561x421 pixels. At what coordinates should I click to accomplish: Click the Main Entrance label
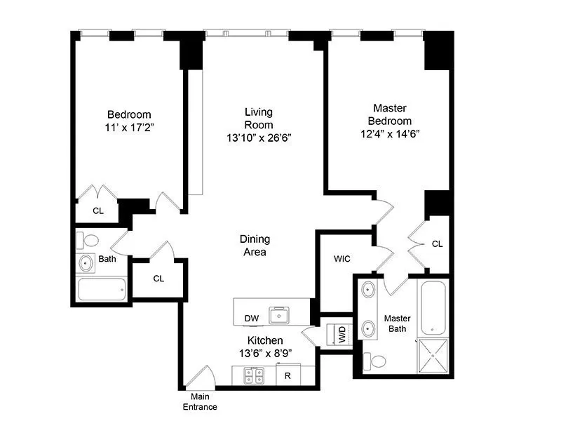[x=200, y=402]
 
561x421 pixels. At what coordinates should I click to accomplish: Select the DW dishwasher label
[x=251, y=319]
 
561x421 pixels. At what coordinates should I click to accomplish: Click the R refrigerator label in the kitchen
[x=288, y=376]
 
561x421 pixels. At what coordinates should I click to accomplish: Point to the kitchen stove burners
[x=252, y=376]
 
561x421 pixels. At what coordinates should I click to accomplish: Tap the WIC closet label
[x=342, y=259]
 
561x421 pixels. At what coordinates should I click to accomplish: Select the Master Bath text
[x=397, y=323]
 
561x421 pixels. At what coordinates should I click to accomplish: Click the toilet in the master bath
[x=377, y=361]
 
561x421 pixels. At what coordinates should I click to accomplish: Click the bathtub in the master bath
[x=433, y=307]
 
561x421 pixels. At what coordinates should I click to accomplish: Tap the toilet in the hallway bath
[x=88, y=240]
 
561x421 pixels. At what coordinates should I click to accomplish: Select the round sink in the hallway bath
[x=86, y=264]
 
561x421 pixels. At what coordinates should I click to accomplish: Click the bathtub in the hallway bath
[x=101, y=289]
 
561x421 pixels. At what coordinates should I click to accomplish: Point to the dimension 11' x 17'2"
[x=129, y=128]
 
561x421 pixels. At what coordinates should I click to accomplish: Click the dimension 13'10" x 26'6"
[x=258, y=138]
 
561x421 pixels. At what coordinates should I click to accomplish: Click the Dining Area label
[x=255, y=246]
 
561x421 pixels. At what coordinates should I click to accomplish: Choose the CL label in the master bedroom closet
[x=438, y=244]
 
